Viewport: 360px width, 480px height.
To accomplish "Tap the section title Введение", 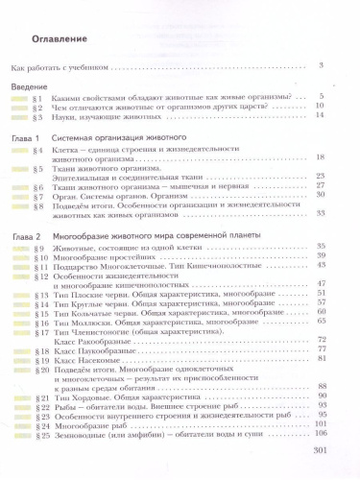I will coord(29,87).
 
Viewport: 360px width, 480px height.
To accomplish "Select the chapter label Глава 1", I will coord(29,140).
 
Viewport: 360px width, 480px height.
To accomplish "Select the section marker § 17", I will coord(38,330).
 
